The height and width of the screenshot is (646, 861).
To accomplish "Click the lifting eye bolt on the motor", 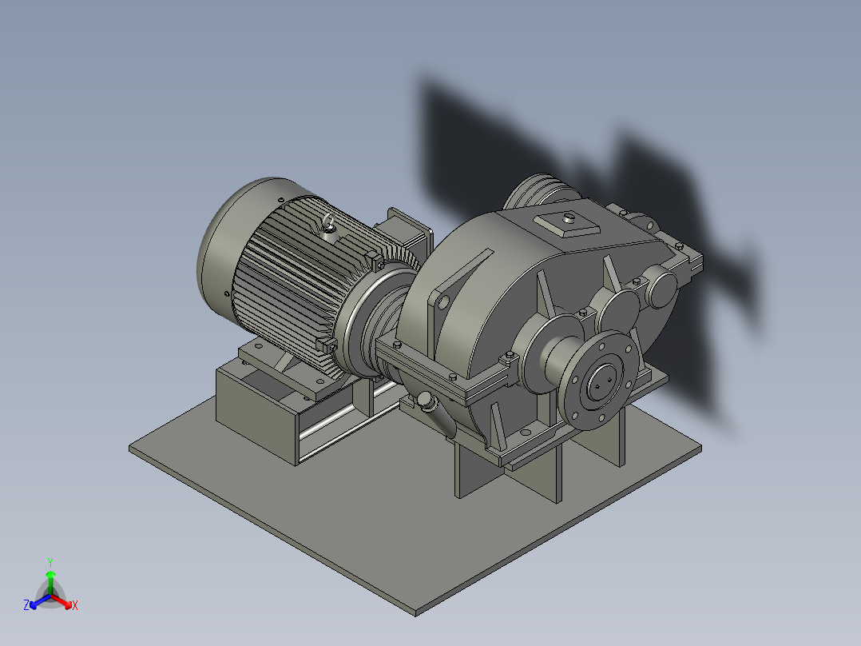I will pos(328,225).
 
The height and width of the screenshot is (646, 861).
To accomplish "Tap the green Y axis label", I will pos(50,562).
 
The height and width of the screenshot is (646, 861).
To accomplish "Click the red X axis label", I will pos(75,606).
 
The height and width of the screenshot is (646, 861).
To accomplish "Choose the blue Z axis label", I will pos(26,606).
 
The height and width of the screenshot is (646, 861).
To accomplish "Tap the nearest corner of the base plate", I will pos(416,612).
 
